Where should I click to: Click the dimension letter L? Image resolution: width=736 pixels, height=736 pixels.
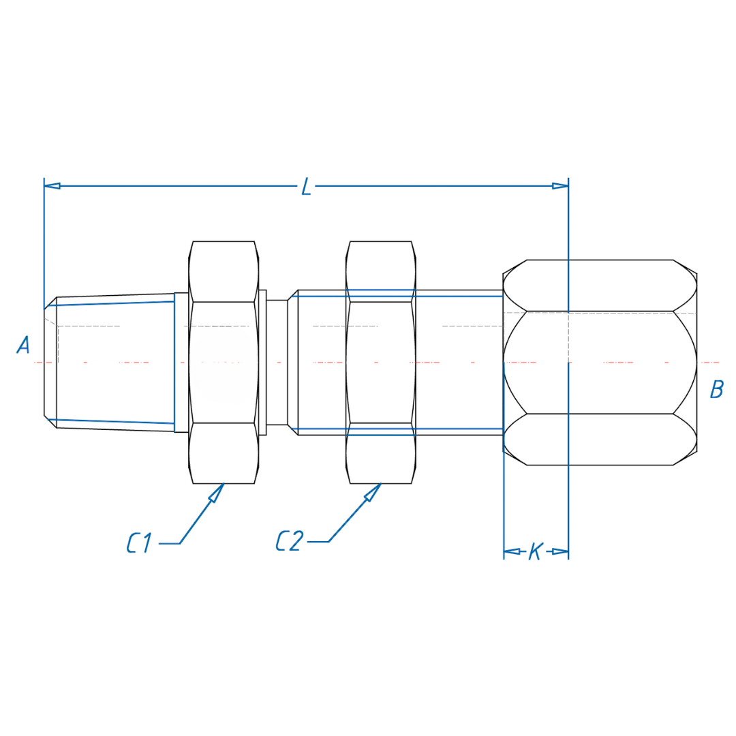(x=306, y=187)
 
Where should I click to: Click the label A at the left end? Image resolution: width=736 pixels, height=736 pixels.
(x=23, y=346)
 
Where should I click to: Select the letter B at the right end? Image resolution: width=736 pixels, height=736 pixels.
(x=716, y=390)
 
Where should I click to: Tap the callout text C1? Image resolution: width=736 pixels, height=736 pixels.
(x=140, y=542)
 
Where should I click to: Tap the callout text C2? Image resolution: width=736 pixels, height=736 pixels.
(x=289, y=541)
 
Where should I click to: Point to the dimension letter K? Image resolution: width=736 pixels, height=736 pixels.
(x=535, y=551)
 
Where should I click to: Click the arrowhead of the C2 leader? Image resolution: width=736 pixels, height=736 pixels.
(x=373, y=493)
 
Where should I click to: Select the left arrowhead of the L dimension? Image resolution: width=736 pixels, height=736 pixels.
(x=52, y=185)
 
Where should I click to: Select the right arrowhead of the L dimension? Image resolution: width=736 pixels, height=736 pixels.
(x=560, y=185)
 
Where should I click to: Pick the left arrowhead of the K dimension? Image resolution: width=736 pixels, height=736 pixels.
(x=511, y=551)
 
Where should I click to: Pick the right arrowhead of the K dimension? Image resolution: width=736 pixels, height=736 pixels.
(x=560, y=551)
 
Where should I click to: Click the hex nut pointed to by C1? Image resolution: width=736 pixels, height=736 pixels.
(x=224, y=362)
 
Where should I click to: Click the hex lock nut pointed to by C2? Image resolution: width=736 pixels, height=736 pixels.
(x=380, y=362)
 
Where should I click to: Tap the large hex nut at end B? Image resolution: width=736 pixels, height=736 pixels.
(x=600, y=362)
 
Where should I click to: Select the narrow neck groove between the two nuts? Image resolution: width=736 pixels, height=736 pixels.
(x=277, y=362)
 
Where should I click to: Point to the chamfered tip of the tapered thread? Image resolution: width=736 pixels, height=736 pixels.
(x=50, y=362)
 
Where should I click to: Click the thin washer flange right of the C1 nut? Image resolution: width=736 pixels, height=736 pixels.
(x=262, y=362)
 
